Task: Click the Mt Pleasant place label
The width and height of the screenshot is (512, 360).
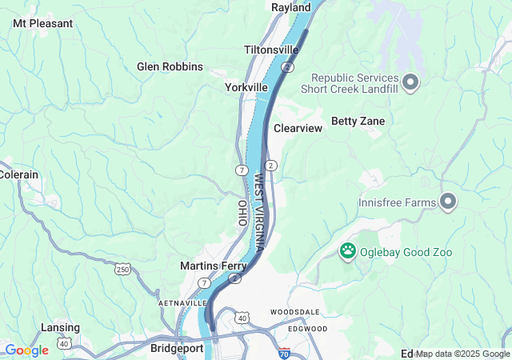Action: pos(42,23)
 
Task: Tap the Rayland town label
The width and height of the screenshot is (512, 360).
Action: pos(290,7)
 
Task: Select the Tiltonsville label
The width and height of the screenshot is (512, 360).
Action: pos(271,50)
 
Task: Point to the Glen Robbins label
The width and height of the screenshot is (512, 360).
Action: pos(170,66)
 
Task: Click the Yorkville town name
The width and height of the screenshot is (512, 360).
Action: pos(246,86)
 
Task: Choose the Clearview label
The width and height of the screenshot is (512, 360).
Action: pos(298,128)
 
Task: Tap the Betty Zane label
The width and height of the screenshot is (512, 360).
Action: pos(358,121)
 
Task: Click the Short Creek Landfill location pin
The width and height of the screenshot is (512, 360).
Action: pos(411,81)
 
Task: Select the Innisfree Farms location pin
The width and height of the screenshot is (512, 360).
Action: pos(448,202)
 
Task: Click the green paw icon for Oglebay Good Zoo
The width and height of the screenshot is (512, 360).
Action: pos(348,252)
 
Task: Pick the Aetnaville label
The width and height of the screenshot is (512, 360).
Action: pos(183,303)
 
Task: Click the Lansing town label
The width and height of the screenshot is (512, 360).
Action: pos(60,327)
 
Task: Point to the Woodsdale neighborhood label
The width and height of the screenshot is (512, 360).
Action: pos(294,311)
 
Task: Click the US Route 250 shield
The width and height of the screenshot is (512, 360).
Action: pos(122,269)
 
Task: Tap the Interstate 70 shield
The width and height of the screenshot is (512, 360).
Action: pos(285,352)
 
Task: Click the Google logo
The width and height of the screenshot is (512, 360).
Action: pos(26,350)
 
